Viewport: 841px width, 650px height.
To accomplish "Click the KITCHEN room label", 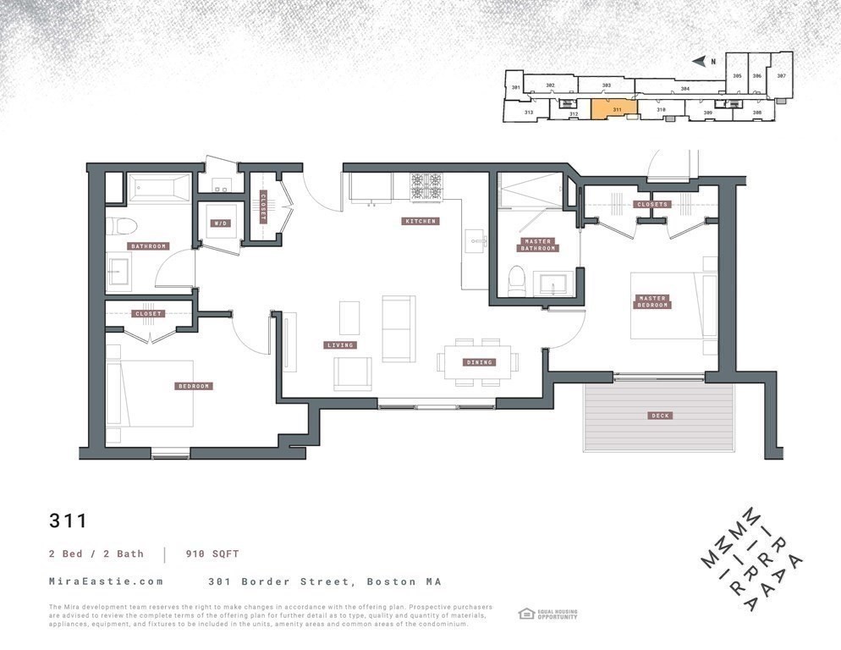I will click(x=420, y=222).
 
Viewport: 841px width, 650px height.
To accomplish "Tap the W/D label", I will click(x=220, y=223).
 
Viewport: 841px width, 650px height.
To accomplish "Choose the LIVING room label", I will click(x=340, y=345).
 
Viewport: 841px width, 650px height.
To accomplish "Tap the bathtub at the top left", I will click(x=159, y=188).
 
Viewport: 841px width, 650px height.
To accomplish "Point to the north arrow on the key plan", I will click(x=699, y=61).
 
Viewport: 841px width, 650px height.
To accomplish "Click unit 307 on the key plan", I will click(x=781, y=76).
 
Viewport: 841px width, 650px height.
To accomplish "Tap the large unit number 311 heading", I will click(x=68, y=520).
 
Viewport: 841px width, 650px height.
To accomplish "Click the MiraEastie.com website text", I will click(x=106, y=582).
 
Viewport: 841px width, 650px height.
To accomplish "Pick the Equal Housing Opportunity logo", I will click(x=547, y=614).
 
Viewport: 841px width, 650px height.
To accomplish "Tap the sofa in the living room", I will click(x=398, y=328).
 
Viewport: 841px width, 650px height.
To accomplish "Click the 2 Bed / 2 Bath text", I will click(x=95, y=554).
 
